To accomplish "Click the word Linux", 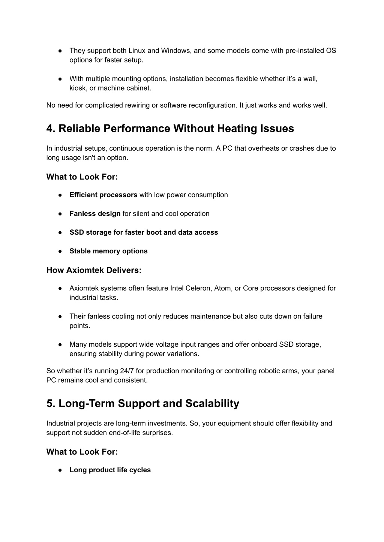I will pyautogui.click(x=137, y=51).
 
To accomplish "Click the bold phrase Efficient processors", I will pyautogui.click(x=103, y=195).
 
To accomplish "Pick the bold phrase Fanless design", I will pyautogui.click(x=95, y=214).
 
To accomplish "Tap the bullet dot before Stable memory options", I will pyautogui.click(x=60, y=251).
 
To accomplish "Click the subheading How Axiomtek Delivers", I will pyautogui.click(x=94, y=270).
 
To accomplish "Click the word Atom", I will pyautogui.click(x=223, y=288).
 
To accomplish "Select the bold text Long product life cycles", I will pyautogui.click(x=110, y=470).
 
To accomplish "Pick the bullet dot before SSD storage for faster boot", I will pyautogui.click(x=60, y=232).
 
